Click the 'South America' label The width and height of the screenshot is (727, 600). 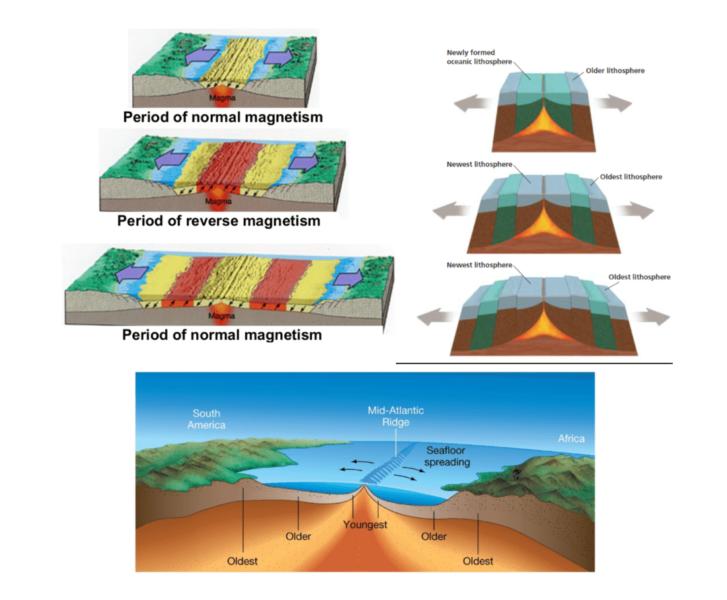coord(206,419)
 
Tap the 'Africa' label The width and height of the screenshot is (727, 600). coord(571,439)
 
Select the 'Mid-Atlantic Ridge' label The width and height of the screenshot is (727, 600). coord(395,416)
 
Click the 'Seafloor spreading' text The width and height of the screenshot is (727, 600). coord(447,456)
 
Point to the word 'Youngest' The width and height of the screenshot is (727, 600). coord(365,525)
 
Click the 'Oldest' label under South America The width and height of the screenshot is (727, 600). coord(242,561)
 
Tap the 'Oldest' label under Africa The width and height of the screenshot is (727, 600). coord(478,561)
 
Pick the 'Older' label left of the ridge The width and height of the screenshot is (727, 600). coord(298,537)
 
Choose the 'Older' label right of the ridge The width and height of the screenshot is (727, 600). coord(434,537)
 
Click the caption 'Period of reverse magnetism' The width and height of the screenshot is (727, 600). coord(219,221)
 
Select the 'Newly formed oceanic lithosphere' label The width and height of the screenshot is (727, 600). coord(479,57)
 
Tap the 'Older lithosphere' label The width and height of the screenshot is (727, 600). coord(615,71)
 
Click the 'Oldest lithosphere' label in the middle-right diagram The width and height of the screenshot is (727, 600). coord(631,176)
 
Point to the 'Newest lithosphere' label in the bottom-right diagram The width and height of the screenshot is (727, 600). coord(479,265)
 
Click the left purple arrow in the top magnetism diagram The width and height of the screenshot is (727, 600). coord(202,57)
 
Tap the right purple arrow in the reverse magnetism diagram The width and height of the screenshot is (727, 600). coord(304,162)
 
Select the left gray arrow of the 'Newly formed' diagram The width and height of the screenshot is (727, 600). coord(472,103)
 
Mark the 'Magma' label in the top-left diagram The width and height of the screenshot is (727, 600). coord(222,98)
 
